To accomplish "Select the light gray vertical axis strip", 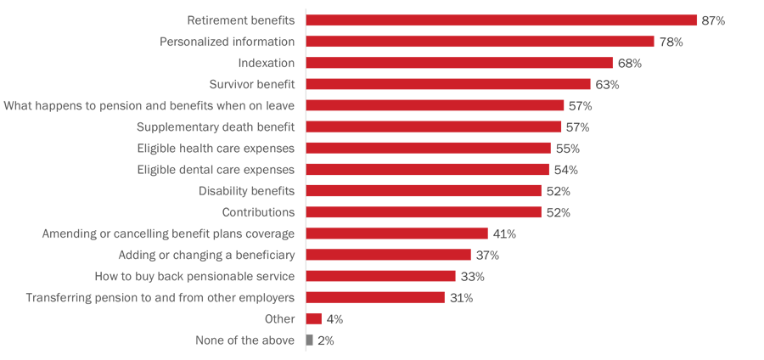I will [x=302, y=178].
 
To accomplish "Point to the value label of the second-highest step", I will [x=671, y=34].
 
